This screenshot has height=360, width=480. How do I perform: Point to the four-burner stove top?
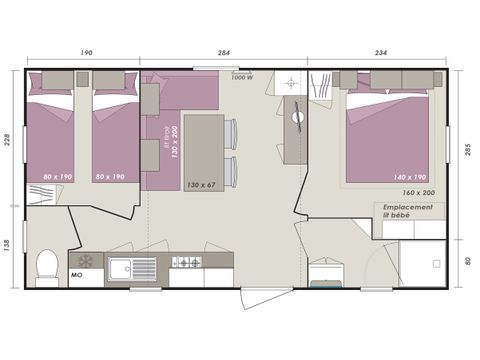point(187,263)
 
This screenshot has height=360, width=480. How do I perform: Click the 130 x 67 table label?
point(201,184)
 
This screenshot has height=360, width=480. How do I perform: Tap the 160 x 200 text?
point(417,192)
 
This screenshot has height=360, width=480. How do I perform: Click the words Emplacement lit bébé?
point(410,211)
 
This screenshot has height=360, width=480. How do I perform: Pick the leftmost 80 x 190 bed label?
point(56,177)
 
